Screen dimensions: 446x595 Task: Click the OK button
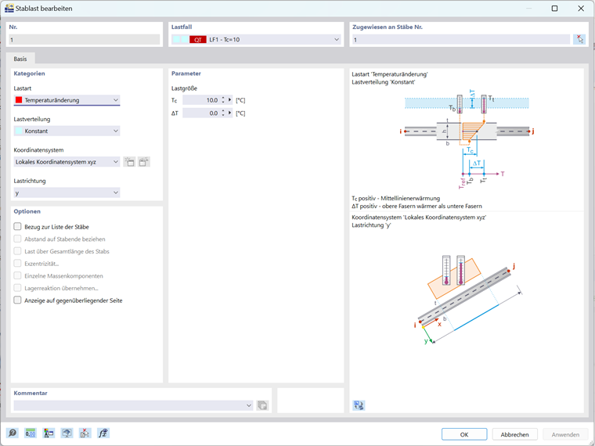click(x=463, y=434)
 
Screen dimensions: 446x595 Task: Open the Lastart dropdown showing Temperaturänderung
click(x=67, y=100)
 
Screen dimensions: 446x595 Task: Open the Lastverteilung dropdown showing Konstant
click(x=67, y=131)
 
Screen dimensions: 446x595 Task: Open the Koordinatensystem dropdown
click(x=67, y=162)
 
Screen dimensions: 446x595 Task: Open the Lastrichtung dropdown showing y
click(x=67, y=192)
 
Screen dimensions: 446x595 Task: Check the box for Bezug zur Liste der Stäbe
click(x=18, y=227)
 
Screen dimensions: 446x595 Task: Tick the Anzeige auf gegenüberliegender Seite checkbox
click(x=18, y=300)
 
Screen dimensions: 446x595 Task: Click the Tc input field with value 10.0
click(x=202, y=100)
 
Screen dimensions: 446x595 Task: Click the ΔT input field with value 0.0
click(x=202, y=113)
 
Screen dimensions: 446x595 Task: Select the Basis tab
click(x=20, y=59)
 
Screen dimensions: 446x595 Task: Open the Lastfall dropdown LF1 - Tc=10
click(x=256, y=39)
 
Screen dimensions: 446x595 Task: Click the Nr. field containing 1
click(x=85, y=39)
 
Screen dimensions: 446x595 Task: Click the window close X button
click(x=581, y=9)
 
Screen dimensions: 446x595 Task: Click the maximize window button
click(x=554, y=9)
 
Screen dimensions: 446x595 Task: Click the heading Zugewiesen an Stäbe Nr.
click(x=388, y=27)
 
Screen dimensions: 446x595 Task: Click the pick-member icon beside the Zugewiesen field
click(x=579, y=39)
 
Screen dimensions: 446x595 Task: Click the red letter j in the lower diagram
click(x=514, y=266)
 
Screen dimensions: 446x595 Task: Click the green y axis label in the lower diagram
click(x=426, y=341)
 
